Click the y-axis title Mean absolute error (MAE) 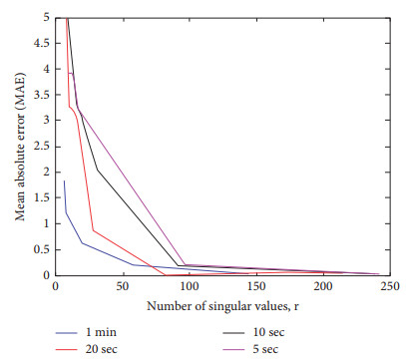[21, 146]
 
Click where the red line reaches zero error [165, 274]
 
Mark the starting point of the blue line [64, 180]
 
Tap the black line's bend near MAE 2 [97, 170]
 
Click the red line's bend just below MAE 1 [93, 230]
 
